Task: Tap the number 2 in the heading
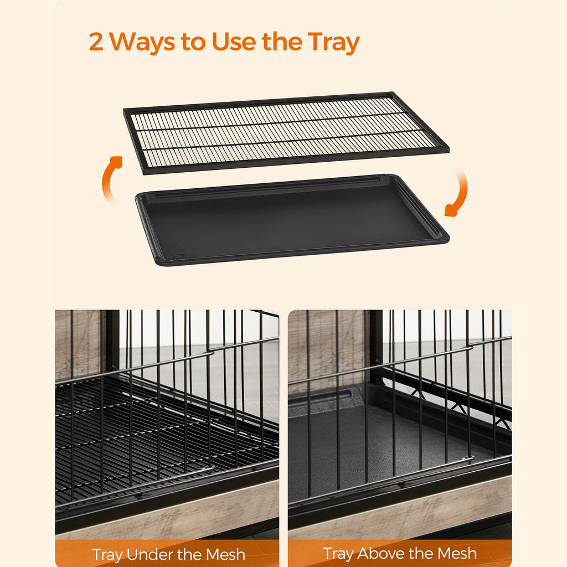[x=96, y=42]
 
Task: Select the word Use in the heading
[x=234, y=41]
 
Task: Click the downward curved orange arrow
[x=459, y=193]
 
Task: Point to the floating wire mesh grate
[x=286, y=133]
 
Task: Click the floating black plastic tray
[x=292, y=220]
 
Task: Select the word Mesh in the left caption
[x=226, y=554]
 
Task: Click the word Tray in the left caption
[x=108, y=555]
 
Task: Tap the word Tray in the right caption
[x=338, y=554]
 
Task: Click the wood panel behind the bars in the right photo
[x=327, y=347]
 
